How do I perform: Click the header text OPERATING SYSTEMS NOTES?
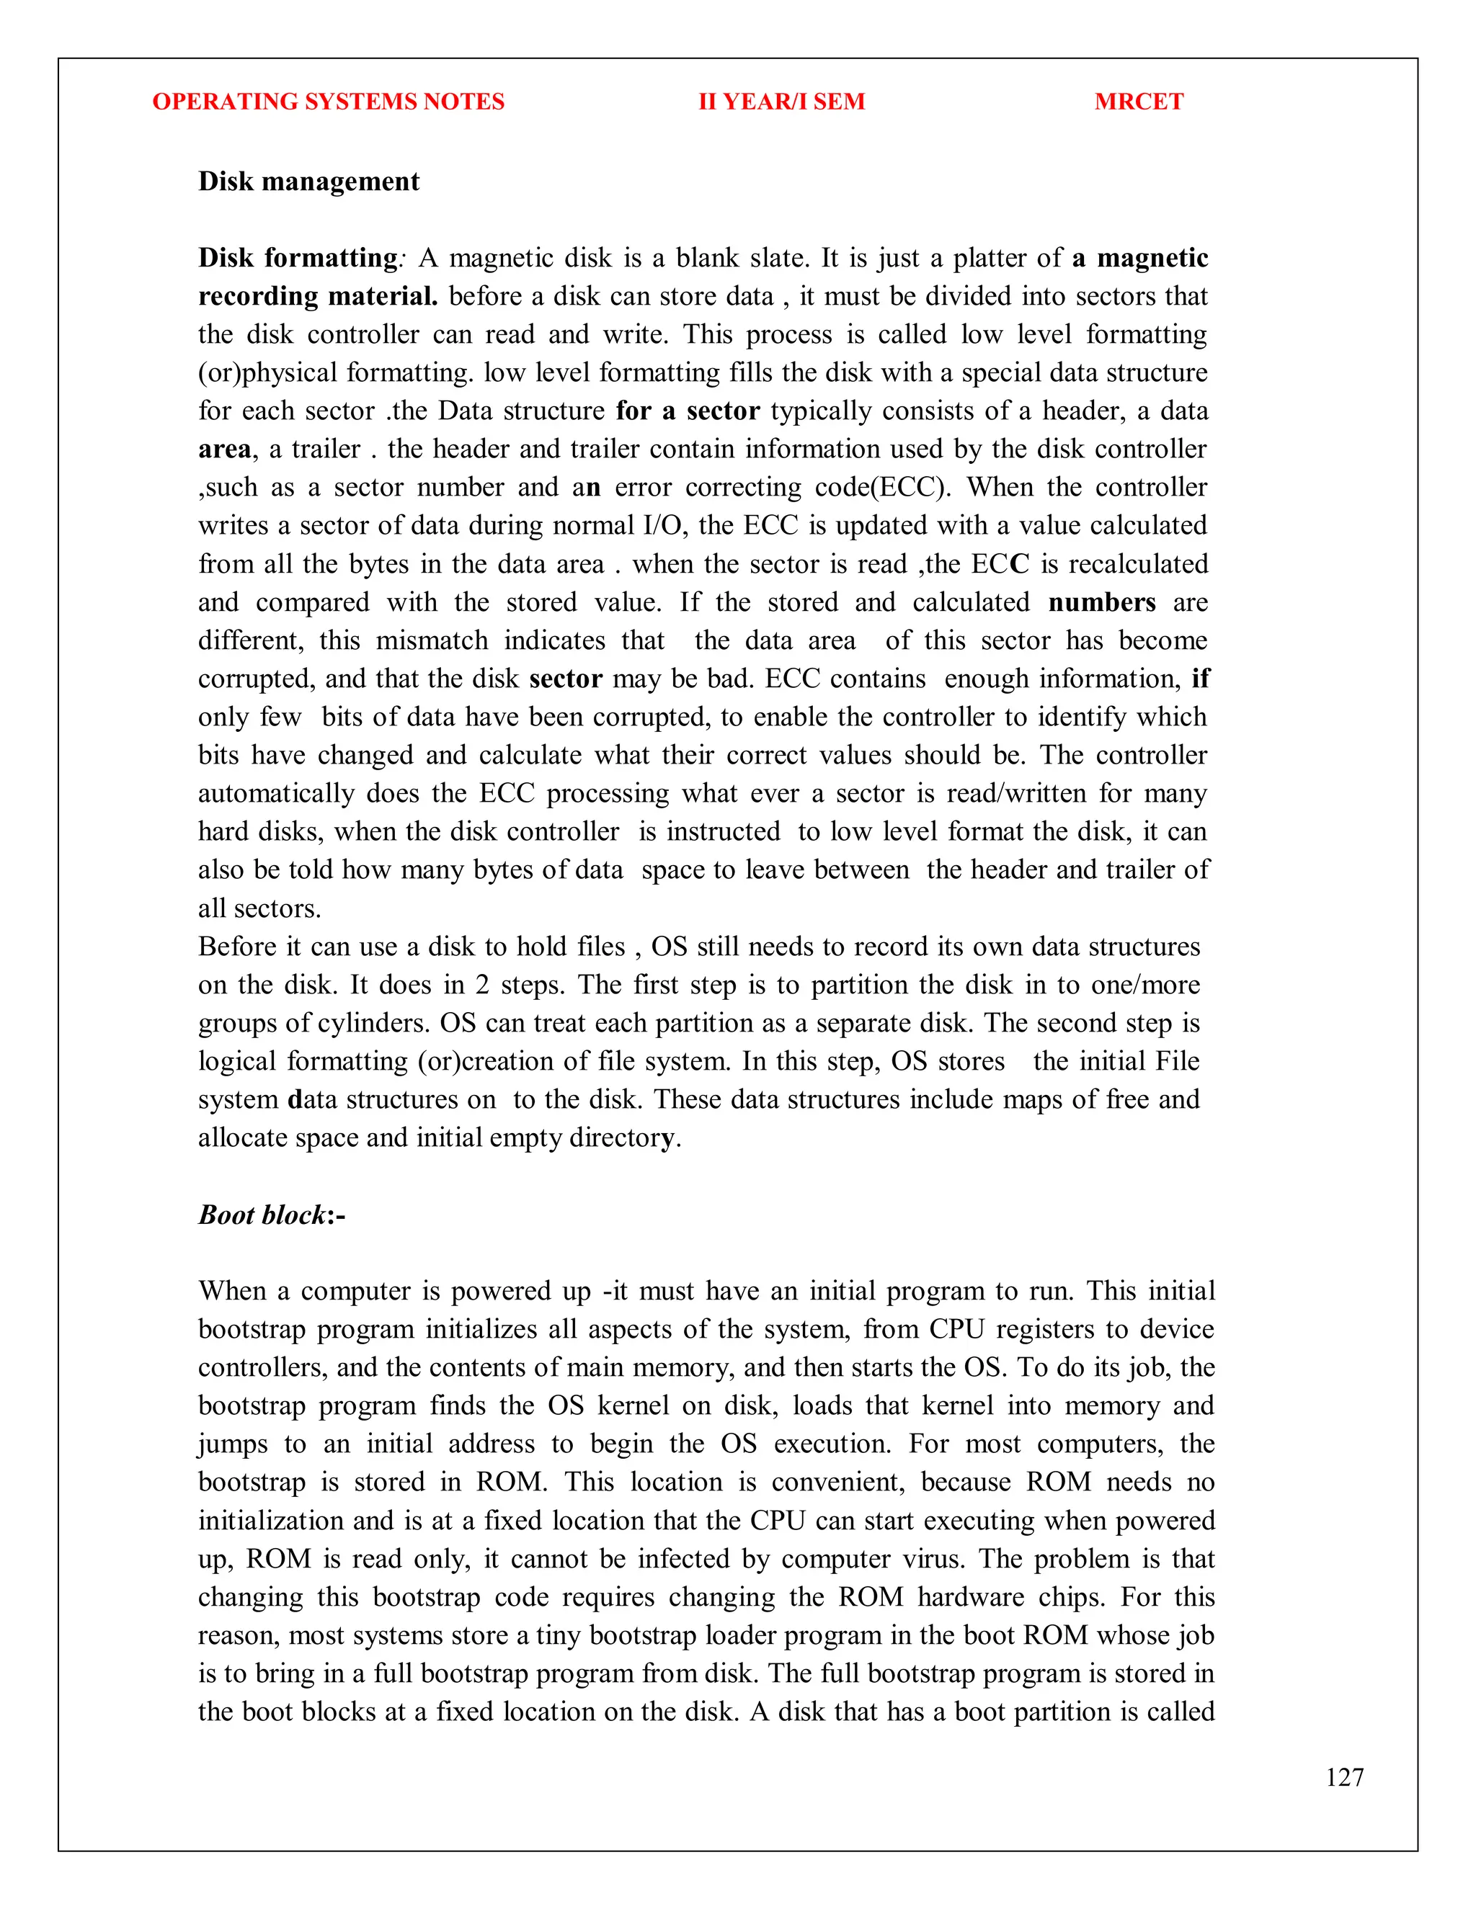(328, 102)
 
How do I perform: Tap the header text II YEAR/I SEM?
(781, 102)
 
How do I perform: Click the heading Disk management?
(308, 181)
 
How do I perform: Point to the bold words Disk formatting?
(298, 258)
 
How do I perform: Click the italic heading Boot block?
(262, 1214)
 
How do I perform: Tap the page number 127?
(1344, 1777)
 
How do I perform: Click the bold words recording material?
(317, 296)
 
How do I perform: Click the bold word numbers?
(1101, 602)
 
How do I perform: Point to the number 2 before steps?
(482, 984)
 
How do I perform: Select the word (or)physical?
(267, 373)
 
